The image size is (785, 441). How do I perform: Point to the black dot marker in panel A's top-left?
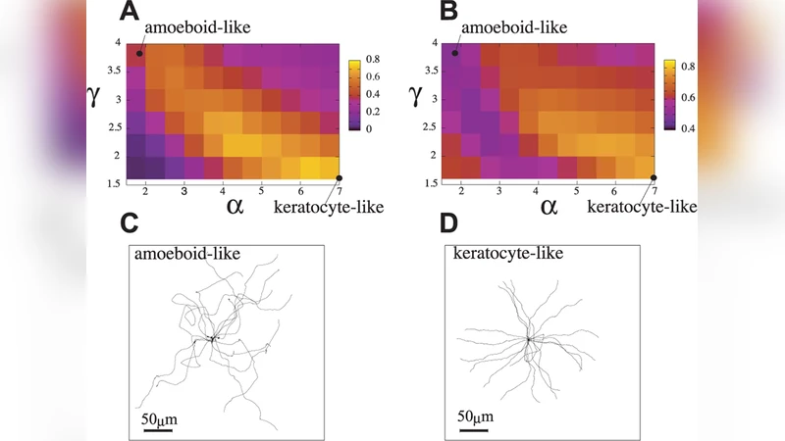(140, 52)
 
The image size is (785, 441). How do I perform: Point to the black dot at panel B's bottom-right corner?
(654, 176)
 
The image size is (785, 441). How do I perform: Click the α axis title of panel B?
(549, 205)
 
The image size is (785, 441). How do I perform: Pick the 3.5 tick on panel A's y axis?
(115, 71)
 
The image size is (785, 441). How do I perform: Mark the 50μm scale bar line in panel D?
(472, 428)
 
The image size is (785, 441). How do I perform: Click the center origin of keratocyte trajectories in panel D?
(528, 339)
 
